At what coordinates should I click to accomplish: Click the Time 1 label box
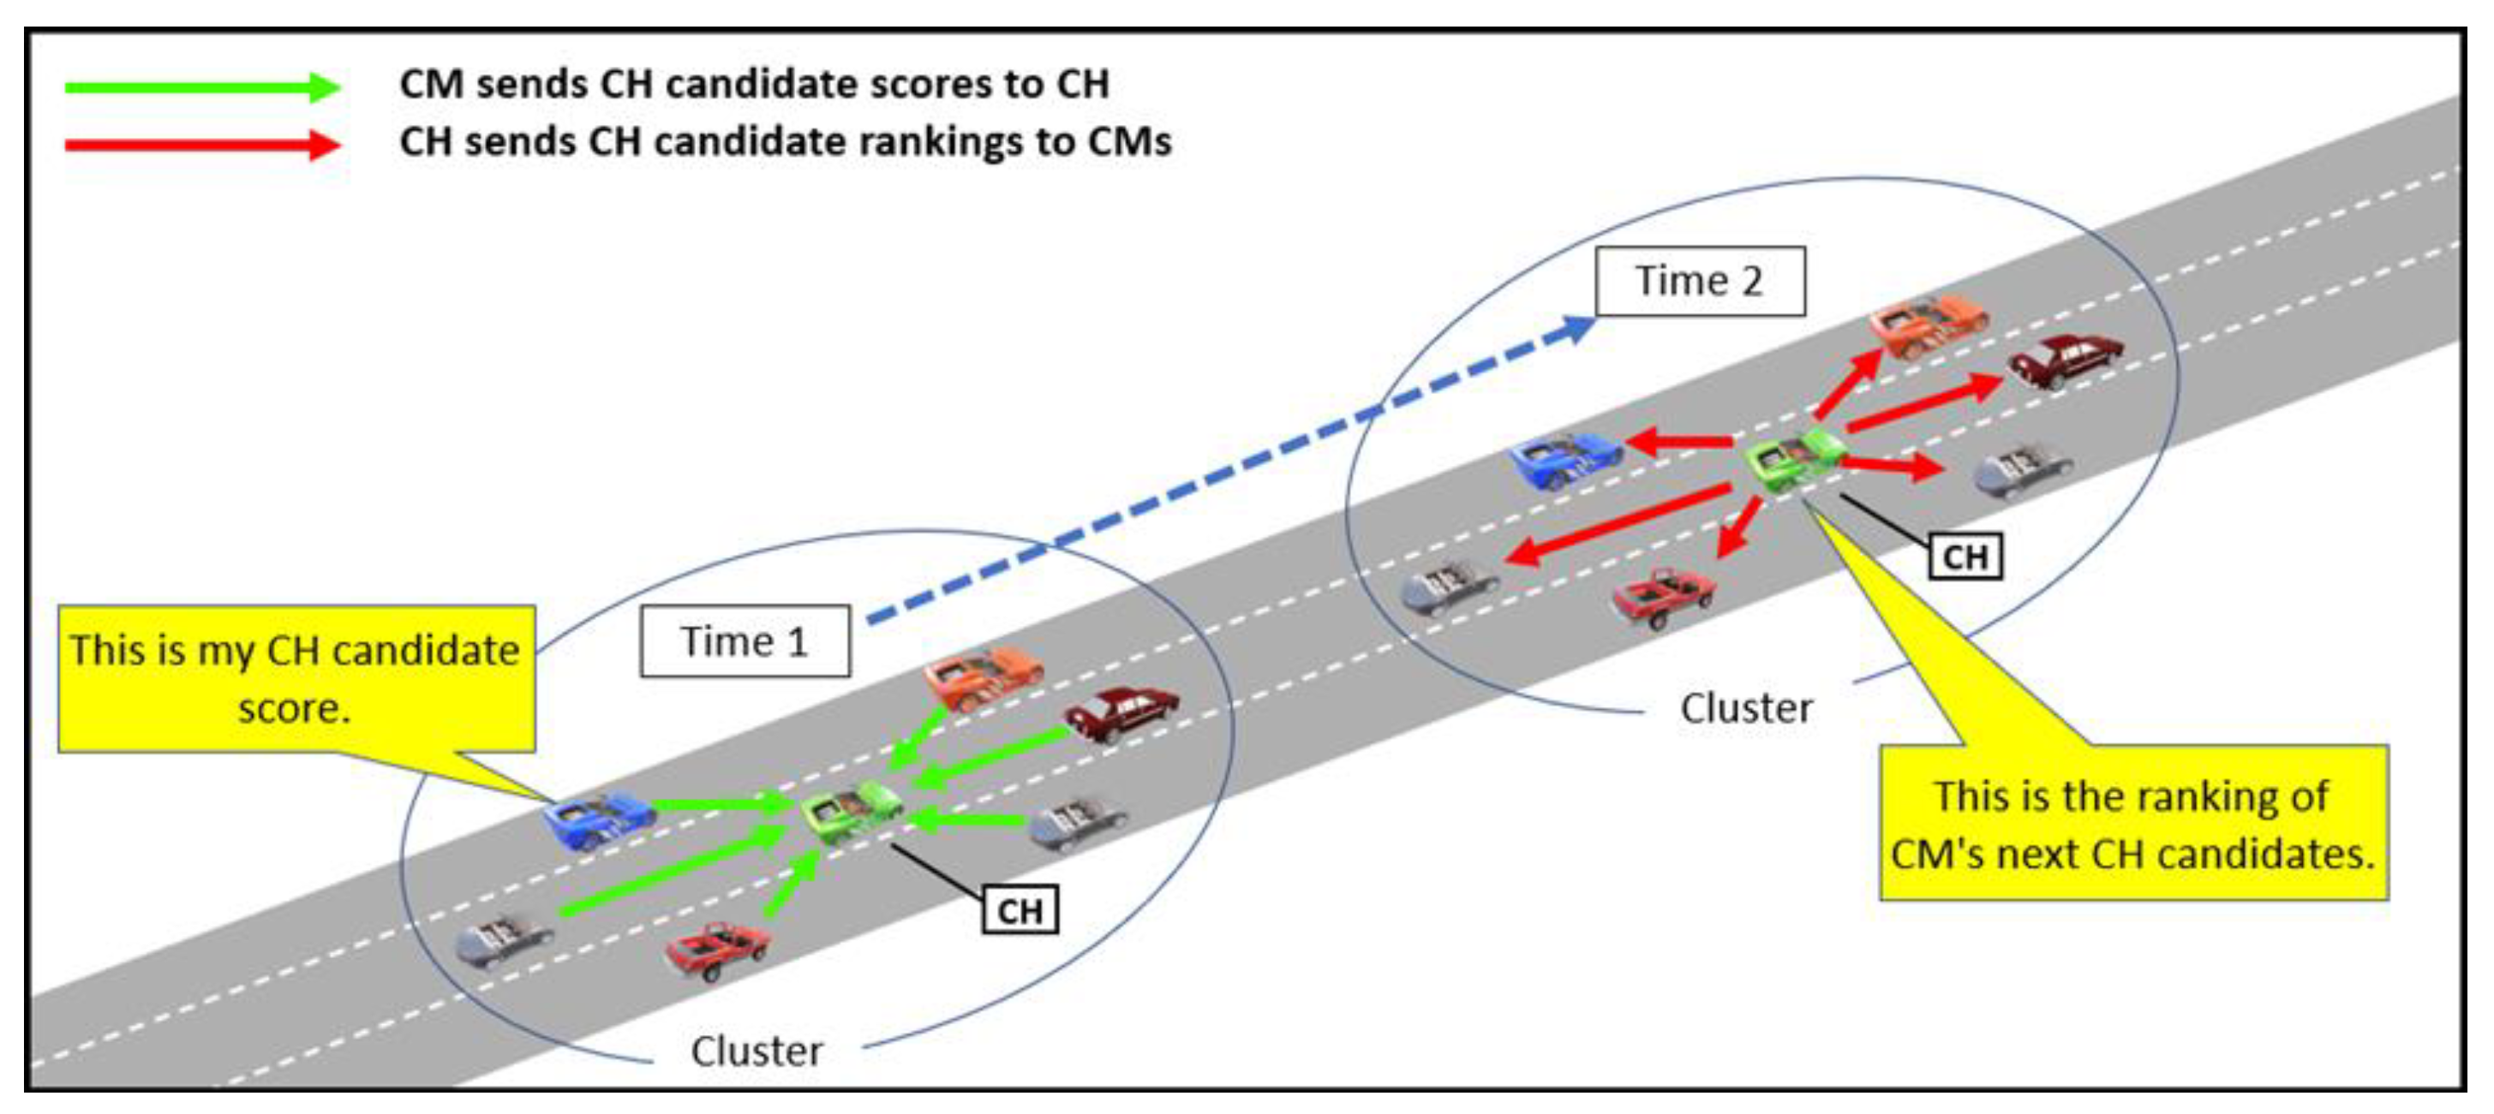tap(745, 640)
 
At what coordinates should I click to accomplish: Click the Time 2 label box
tap(1699, 281)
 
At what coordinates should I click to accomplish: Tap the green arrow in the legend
tap(201, 87)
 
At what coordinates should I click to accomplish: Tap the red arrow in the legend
tap(201, 146)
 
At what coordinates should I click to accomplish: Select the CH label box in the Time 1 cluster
tap(1020, 910)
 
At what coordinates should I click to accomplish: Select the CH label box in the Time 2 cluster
tap(1965, 557)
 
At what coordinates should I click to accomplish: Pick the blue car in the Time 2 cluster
tap(1565, 459)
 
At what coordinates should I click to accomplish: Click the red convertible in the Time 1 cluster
tap(717, 950)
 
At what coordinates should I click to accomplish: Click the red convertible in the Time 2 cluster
tap(1662, 596)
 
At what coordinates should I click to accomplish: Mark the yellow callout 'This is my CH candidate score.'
tap(296, 678)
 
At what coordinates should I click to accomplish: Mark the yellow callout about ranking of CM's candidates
tap(2132, 823)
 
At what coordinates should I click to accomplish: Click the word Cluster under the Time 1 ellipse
tap(757, 1050)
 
